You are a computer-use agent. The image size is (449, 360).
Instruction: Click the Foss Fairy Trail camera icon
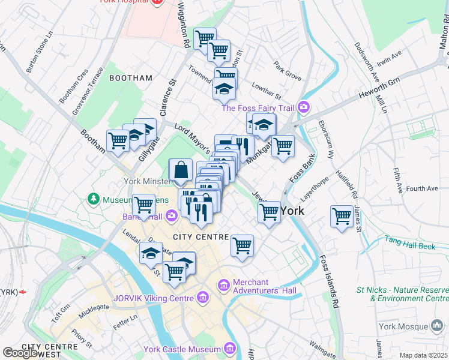click(x=304, y=107)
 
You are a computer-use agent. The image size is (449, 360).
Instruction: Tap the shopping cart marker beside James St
click(x=342, y=215)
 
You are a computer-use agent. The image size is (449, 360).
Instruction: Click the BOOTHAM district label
click(x=131, y=78)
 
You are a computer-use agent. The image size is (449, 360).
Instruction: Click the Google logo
click(x=21, y=353)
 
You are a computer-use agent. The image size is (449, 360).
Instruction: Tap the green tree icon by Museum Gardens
click(x=93, y=198)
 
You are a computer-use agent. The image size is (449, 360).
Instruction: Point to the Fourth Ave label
click(x=422, y=188)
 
